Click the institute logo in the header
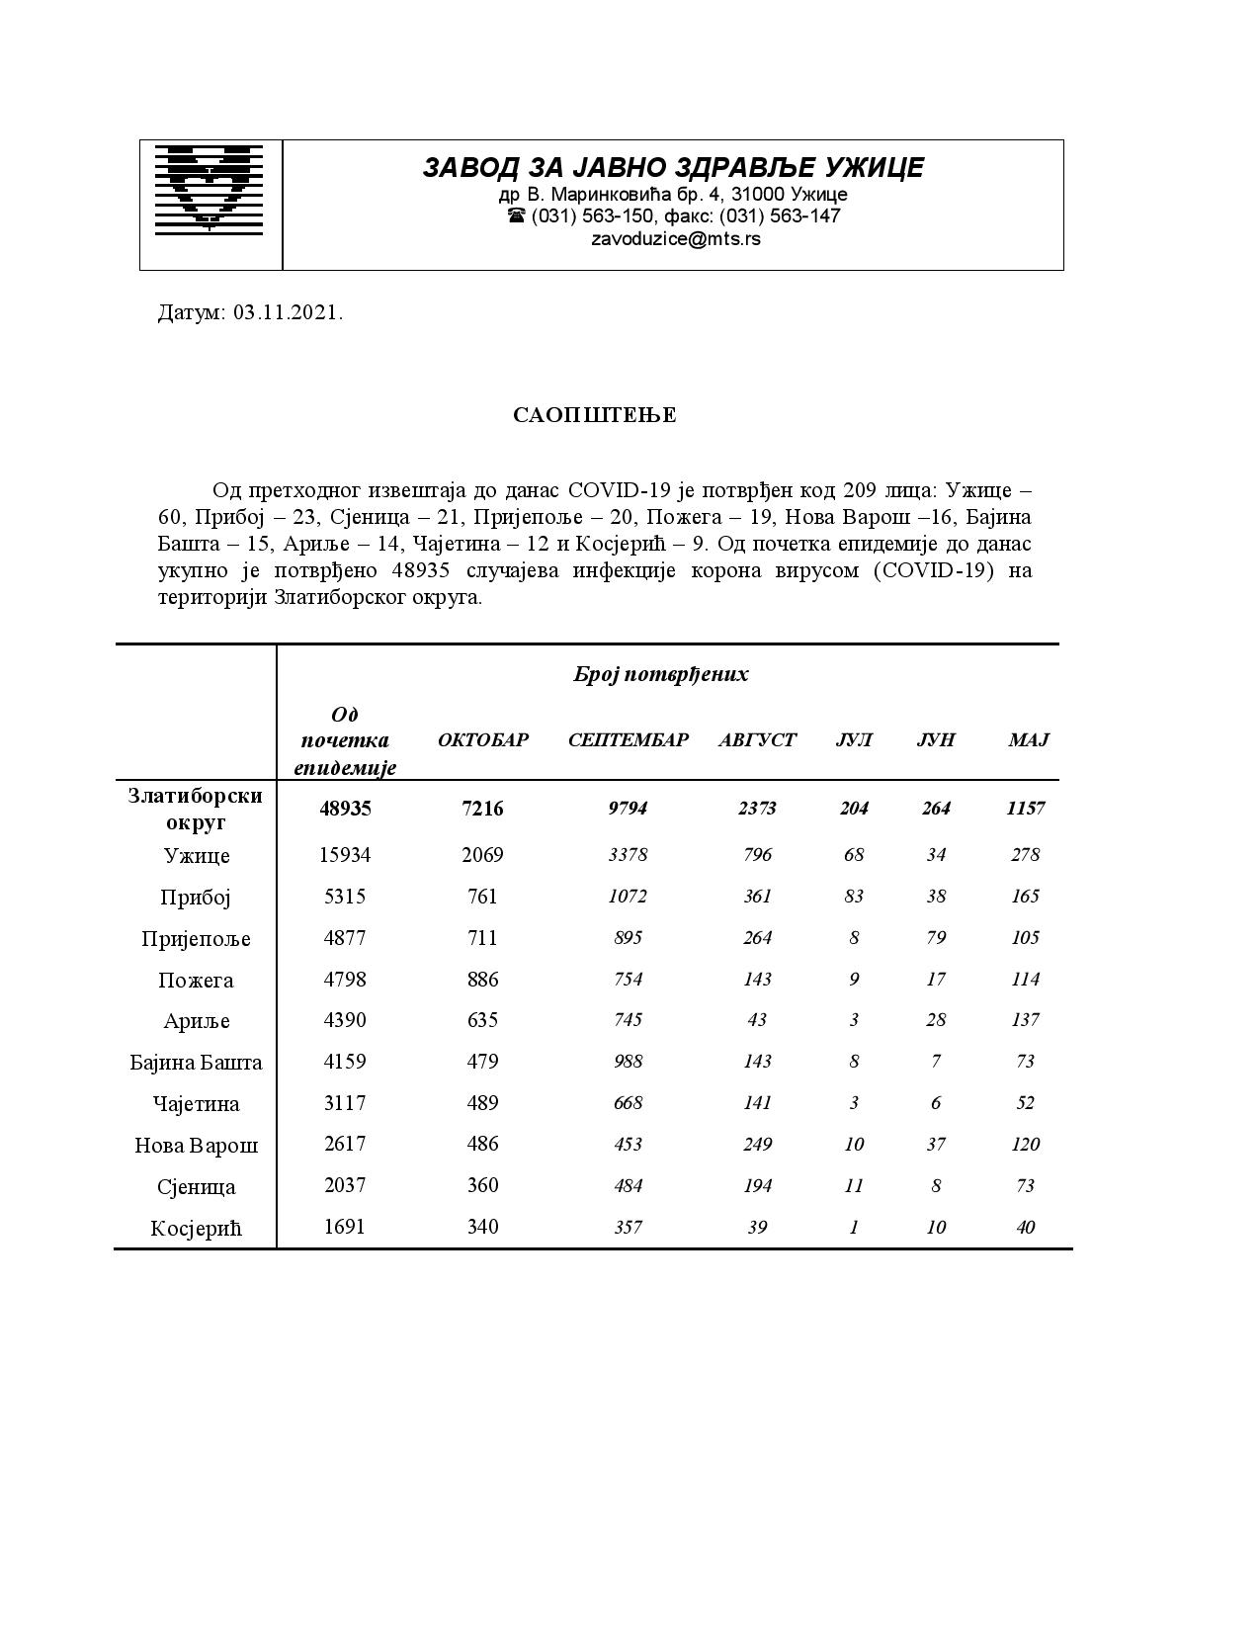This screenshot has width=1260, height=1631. (210, 189)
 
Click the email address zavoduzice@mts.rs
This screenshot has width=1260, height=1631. (676, 239)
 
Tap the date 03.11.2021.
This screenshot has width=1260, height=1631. (289, 313)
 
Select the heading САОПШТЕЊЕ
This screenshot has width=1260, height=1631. (595, 415)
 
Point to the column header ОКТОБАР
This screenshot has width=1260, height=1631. (483, 740)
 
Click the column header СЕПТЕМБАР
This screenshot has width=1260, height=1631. (628, 740)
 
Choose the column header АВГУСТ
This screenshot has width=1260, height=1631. (757, 740)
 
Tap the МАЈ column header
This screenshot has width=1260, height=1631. (1028, 740)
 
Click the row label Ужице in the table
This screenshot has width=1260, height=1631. (197, 856)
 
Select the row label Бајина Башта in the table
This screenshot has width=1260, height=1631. (197, 1063)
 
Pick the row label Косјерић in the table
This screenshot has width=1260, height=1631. (197, 1229)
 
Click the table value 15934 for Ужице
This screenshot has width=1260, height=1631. (345, 855)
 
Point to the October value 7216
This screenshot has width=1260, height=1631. (482, 809)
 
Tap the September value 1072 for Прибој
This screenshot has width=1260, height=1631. (628, 897)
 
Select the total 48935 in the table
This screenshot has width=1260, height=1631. (345, 809)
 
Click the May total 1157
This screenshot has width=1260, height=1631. (1026, 809)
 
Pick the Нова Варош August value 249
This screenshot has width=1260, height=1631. (757, 1145)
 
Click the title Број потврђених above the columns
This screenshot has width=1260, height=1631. (661, 674)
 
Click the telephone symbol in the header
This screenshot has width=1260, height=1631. (516, 215)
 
